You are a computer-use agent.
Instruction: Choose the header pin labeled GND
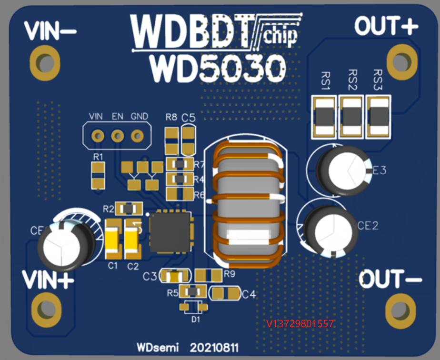[137, 136]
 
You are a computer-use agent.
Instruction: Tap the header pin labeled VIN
[98, 136]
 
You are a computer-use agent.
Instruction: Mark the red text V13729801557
[300, 324]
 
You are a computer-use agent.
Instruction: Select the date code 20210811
[214, 348]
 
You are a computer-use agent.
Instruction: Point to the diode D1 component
[194, 307]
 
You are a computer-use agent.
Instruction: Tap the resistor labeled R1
[99, 174]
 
